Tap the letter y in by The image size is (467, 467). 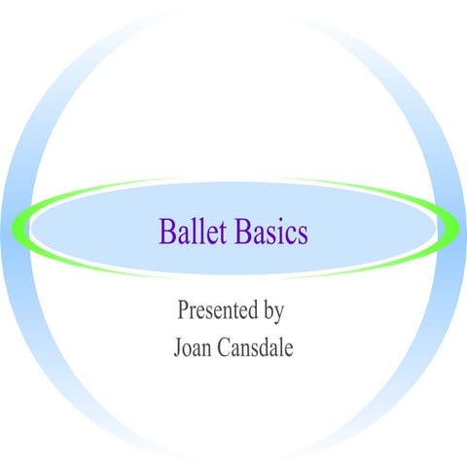tap(278, 314)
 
